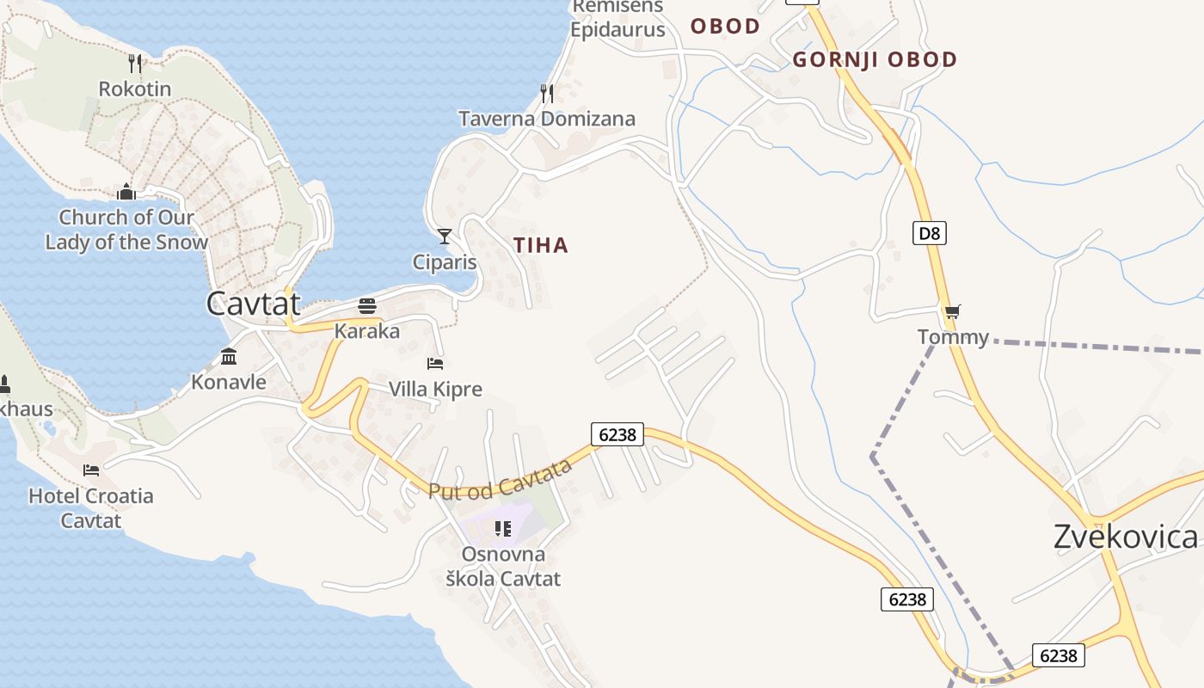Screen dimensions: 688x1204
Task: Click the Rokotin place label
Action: [x=135, y=89]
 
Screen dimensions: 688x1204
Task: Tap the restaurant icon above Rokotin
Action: [x=135, y=63]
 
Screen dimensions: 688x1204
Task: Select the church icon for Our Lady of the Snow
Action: [x=126, y=191]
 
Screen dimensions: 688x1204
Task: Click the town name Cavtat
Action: [x=254, y=303]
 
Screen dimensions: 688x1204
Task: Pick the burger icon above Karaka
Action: [x=367, y=306]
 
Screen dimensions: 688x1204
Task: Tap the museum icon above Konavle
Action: [x=229, y=356]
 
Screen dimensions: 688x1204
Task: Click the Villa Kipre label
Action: [x=435, y=389]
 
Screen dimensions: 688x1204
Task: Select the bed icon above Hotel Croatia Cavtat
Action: [x=91, y=470]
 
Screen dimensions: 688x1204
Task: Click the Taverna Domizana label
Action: [x=547, y=119]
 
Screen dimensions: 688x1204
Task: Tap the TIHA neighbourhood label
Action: [x=541, y=245]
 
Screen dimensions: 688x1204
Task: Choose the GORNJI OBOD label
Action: [x=875, y=59]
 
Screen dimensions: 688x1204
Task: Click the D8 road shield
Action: [x=929, y=232]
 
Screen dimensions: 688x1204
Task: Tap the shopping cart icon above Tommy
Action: [x=952, y=311]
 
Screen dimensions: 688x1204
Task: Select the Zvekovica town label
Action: [x=1125, y=537]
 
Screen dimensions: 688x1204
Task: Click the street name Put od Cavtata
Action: [x=501, y=479]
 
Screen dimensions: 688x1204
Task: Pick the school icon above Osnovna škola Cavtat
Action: [x=503, y=528]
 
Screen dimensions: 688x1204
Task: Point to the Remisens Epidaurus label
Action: [x=618, y=18]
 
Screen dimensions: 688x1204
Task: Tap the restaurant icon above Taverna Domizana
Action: [x=547, y=93]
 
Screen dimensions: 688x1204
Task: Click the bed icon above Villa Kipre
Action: [x=435, y=363]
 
